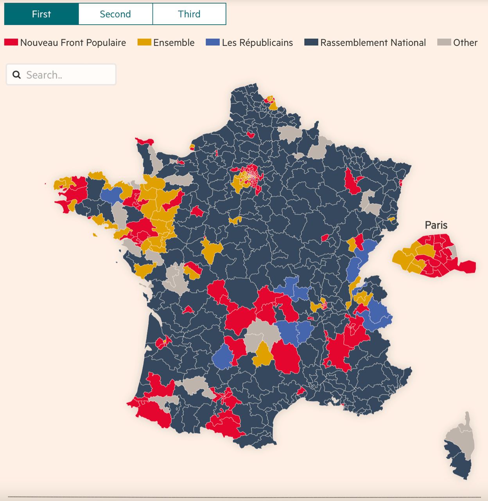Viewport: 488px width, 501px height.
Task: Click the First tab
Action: coord(41,14)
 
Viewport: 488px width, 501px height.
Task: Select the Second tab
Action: coord(115,14)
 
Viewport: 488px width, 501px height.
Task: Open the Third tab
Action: coord(189,14)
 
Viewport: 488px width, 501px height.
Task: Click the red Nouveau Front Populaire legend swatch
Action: coord(11,42)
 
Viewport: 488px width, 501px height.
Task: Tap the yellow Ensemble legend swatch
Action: coord(144,42)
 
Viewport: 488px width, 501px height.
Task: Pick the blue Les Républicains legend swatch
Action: coord(213,42)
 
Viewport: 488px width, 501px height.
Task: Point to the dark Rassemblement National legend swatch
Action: coord(311,42)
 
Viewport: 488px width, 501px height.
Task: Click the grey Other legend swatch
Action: coord(444,42)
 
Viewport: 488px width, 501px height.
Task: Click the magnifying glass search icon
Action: coord(16,75)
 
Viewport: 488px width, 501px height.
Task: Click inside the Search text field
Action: coord(68,75)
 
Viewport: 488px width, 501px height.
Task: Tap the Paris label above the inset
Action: coord(436,225)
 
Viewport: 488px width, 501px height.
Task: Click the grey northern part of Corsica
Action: coord(461,436)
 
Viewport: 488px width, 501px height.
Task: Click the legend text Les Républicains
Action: coord(257,42)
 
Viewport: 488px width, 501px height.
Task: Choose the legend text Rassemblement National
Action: coord(373,42)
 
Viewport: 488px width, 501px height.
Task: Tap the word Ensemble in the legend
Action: coord(174,42)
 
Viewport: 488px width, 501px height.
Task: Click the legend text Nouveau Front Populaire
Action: coord(73,42)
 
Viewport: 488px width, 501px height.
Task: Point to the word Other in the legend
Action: coord(465,42)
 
